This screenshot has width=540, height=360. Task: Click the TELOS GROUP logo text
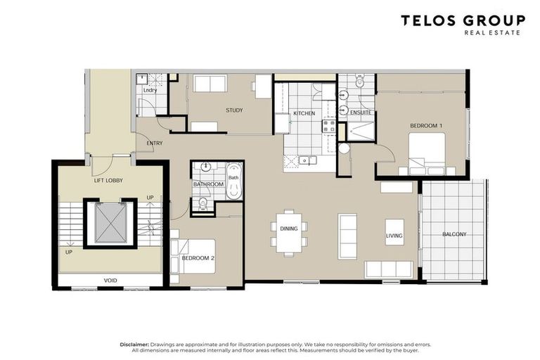point(463,20)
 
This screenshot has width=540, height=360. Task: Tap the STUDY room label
point(234,110)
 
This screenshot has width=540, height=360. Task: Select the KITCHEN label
point(304,113)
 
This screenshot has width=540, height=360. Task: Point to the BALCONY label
point(454,234)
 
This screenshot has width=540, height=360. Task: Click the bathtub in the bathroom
point(234,181)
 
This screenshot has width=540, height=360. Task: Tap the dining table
point(289,233)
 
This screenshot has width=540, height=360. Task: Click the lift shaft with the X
point(109,223)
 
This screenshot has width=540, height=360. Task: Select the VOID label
point(110,281)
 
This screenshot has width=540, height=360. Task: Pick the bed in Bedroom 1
point(427,154)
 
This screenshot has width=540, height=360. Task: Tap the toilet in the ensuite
point(360,82)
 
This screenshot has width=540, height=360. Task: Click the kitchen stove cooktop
point(329,126)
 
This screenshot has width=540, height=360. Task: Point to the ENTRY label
point(154,143)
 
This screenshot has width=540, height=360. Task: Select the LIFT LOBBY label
point(108,181)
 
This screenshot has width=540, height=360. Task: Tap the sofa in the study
point(210,84)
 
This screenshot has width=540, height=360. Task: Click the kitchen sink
point(308,160)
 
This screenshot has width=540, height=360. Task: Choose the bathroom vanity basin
point(206,167)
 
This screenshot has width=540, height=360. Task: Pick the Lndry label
point(150,90)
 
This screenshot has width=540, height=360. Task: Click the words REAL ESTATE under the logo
point(492,33)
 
